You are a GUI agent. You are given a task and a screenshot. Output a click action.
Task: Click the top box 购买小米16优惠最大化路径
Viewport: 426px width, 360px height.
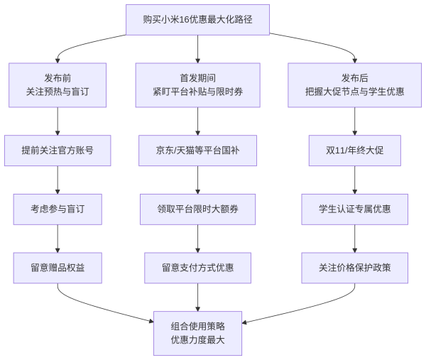(x=197, y=19)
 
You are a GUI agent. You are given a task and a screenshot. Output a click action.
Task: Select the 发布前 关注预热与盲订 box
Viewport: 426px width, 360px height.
(x=58, y=84)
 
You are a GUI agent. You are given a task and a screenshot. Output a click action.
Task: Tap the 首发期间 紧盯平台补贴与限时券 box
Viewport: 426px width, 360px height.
(x=197, y=84)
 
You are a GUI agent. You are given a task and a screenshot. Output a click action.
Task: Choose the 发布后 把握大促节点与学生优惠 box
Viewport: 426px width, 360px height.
(x=354, y=84)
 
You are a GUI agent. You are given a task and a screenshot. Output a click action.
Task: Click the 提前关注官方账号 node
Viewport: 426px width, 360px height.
(x=58, y=150)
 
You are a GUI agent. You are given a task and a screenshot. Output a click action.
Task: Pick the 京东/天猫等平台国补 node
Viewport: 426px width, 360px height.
(x=197, y=150)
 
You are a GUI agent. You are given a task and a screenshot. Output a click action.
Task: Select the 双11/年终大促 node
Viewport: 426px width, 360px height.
(x=354, y=150)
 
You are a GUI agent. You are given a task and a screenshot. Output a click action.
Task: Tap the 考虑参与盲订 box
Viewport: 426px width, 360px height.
(x=58, y=209)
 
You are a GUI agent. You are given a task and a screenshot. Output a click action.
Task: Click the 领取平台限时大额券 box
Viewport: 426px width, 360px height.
(x=197, y=209)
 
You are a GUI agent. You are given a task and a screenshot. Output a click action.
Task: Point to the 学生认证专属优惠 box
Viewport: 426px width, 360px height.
(x=354, y=209)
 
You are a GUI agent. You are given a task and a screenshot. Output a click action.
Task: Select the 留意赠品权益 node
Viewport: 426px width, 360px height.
(x=58, y=268)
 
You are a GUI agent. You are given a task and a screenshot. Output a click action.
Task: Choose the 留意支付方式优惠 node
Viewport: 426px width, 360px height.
(x=197, y=268)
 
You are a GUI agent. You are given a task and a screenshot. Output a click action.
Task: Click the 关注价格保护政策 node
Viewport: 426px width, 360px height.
(x=354, y=268)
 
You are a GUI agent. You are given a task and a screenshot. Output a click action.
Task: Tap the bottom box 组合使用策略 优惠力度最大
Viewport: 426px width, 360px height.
(x=197, y=333)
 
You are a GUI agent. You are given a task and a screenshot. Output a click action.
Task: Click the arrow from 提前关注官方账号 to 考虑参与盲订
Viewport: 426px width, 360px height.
(x=58, y=180)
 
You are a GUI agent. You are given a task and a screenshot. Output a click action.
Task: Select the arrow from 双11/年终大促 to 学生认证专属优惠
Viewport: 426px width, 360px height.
(x=354, y=180)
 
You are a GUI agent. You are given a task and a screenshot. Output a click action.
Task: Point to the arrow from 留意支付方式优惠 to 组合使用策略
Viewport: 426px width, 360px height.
(x=197, y=297)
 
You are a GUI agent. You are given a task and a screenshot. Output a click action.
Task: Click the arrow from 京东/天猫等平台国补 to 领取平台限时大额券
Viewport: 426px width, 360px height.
(x=197, y=180)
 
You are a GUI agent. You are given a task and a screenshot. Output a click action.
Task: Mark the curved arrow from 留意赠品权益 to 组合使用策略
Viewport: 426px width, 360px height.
(x=92, y=308)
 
